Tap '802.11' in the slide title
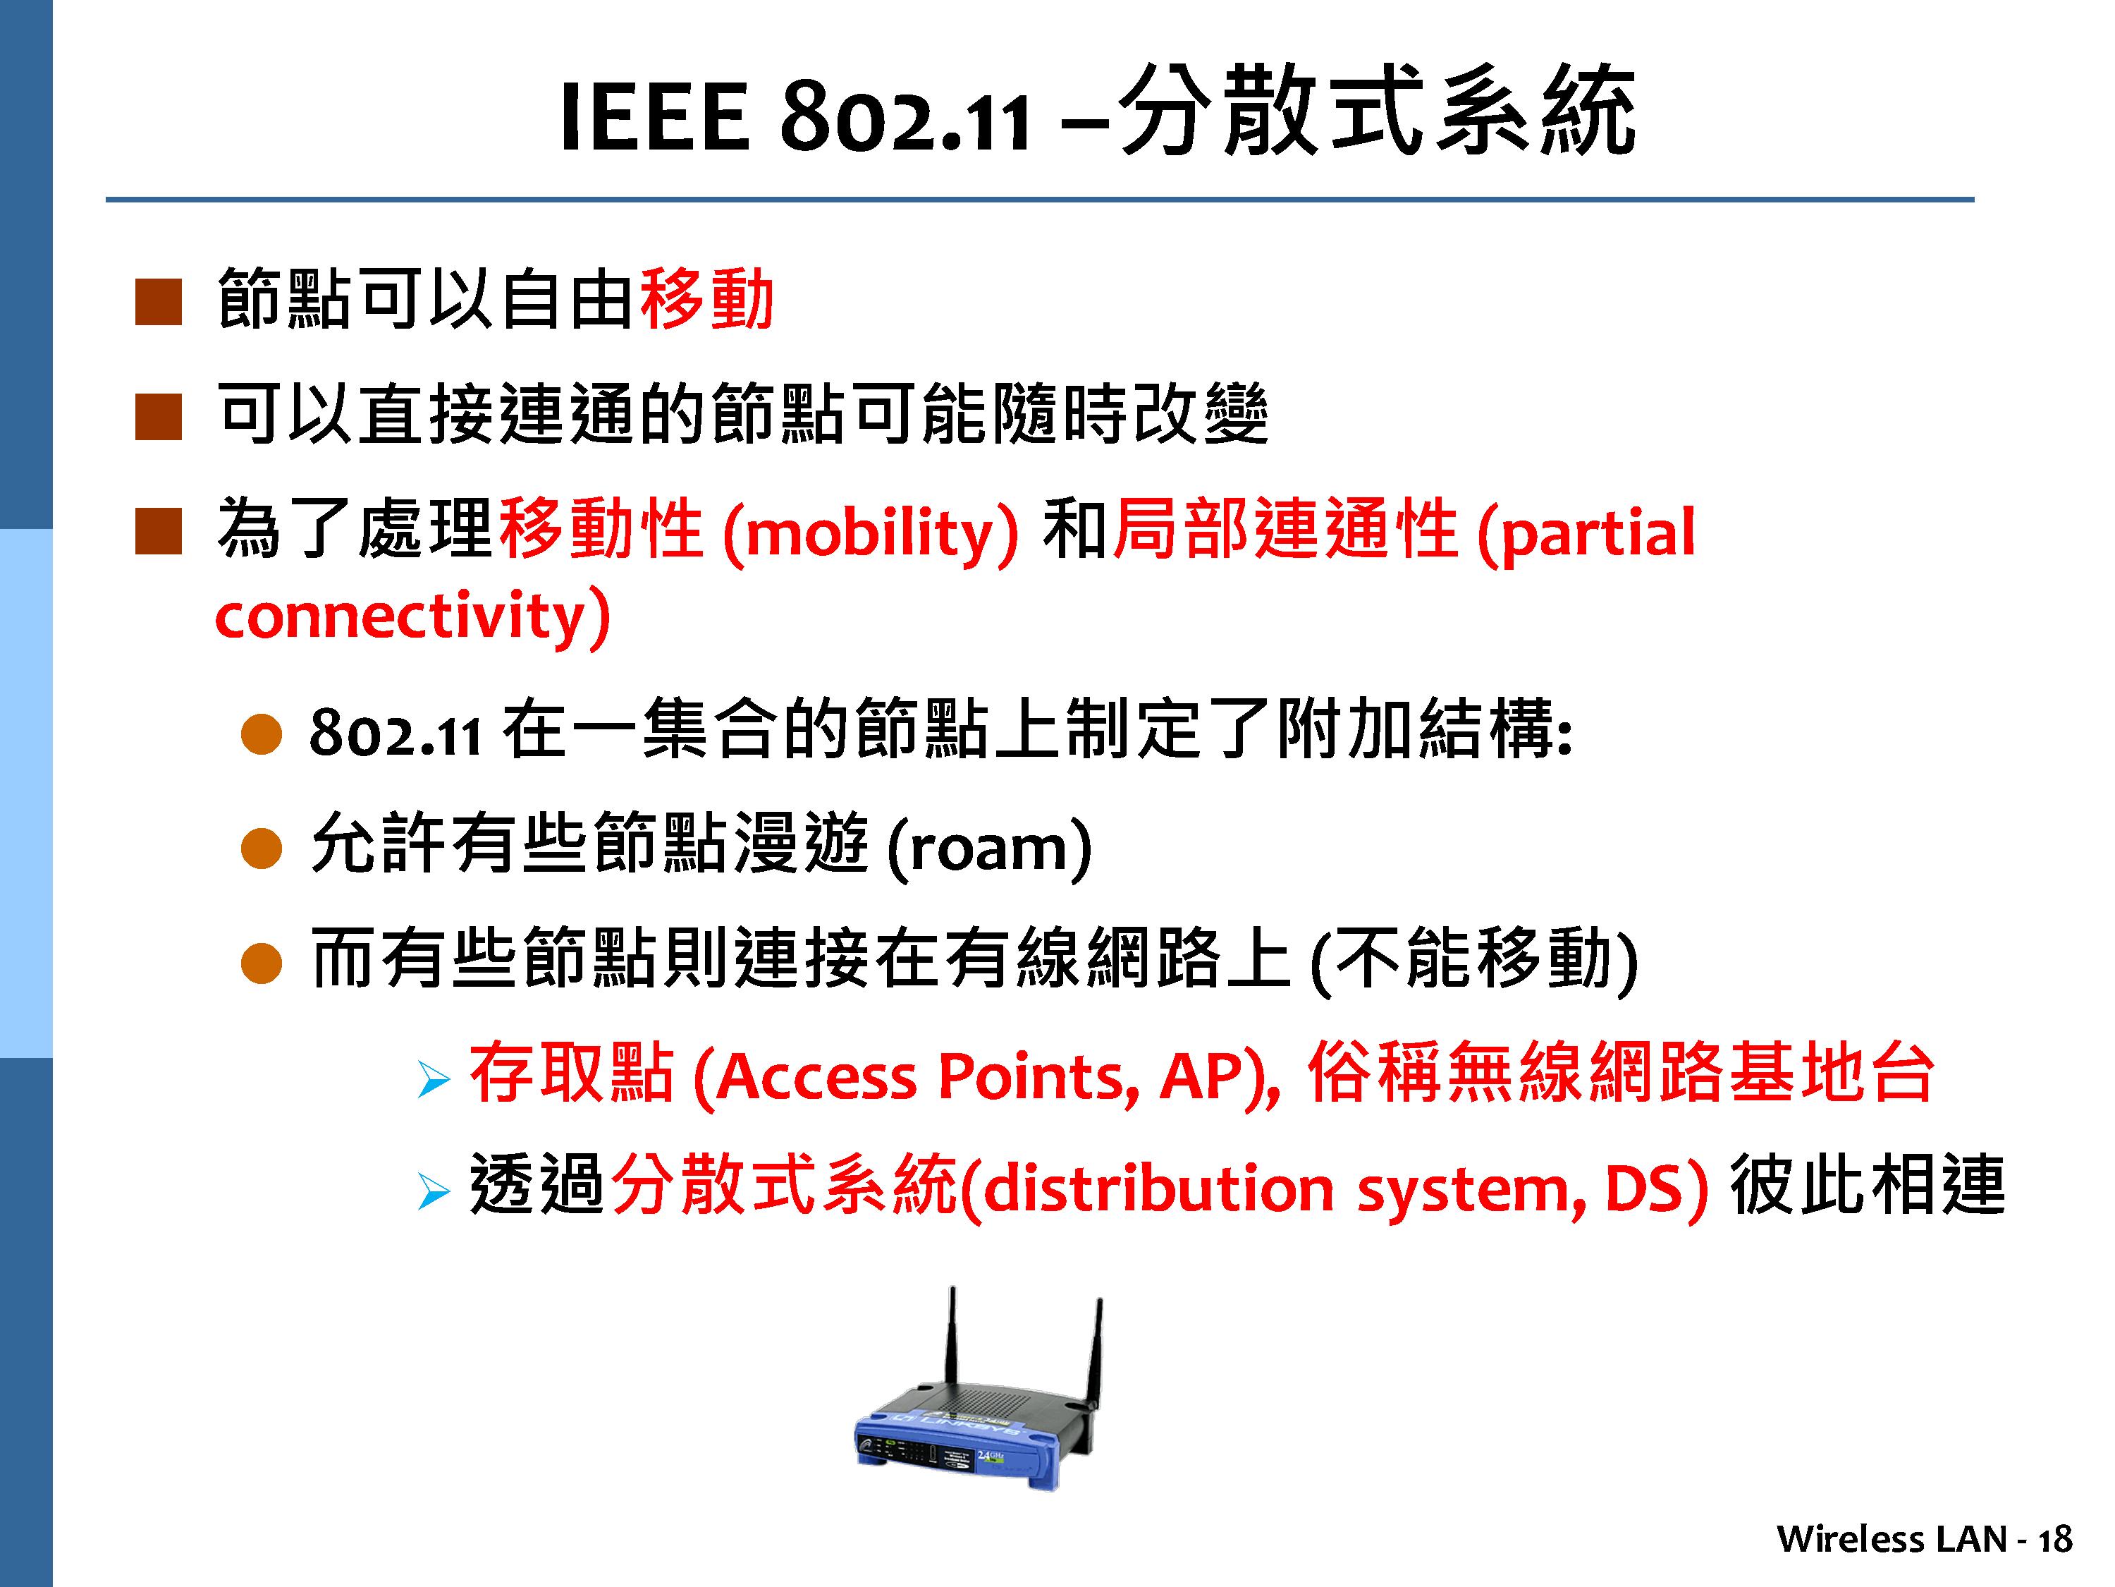[905, 118]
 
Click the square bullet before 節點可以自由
[159, 303]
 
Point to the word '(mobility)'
[871, 532]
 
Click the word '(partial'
[1586, 532]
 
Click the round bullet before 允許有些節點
[261, 849]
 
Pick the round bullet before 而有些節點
[261, 963]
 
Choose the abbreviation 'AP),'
[1219, 1077]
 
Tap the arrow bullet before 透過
[433, 1193]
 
